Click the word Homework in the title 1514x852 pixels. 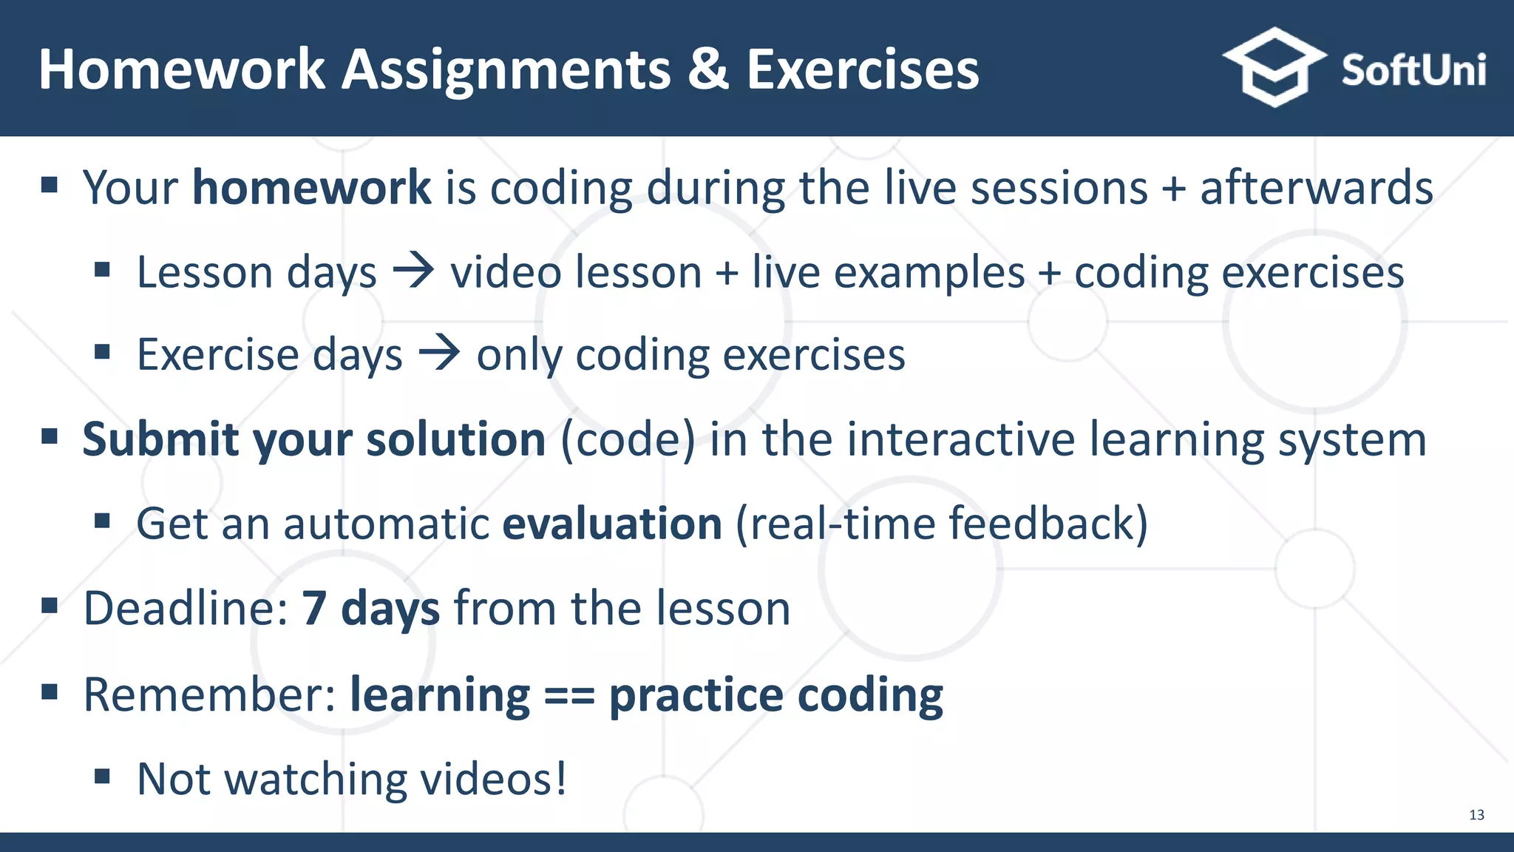click(x=181, y=70)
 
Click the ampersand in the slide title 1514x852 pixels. click(x=707, y=70)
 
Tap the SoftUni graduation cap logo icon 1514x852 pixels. click(x=1274, y=67)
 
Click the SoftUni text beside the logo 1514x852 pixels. click(x=1413, y=71)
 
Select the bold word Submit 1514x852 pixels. click(x=160, y=439)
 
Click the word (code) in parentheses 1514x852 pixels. click(x=628, y=439)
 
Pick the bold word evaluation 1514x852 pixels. click(x=611, y=524)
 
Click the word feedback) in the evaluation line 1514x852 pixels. click(x=1048, y=524)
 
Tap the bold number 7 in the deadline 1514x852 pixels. click(x=313, y=608)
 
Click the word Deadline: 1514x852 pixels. click(x=185, y=608)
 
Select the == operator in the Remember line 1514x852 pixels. click(x=569, y=695)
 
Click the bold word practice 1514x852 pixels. click(x=695, y=695)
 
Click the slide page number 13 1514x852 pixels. click(x=1476, y=815)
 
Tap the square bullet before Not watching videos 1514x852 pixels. click(x=102, y=777)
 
